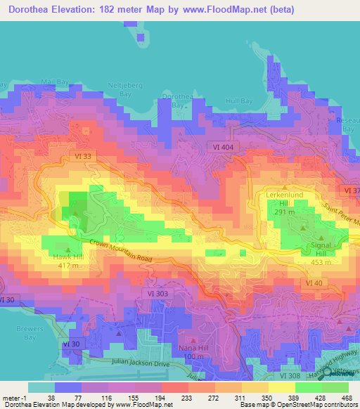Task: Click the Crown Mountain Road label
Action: [121, 252]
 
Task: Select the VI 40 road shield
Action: [314, 282]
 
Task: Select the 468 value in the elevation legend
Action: [347, 398]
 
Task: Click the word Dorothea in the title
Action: [34, 10]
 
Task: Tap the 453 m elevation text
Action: [321, 263]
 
